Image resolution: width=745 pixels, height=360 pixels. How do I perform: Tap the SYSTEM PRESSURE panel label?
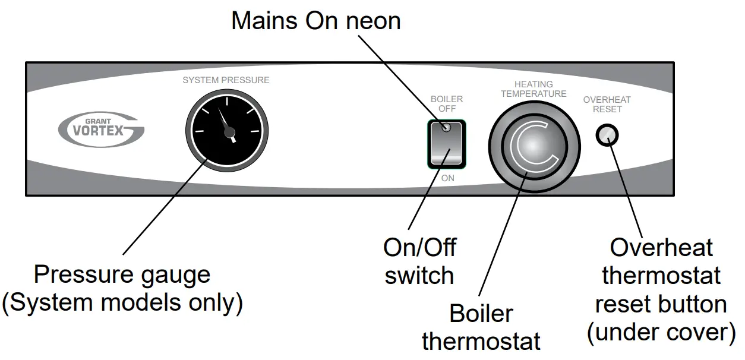(226, 80)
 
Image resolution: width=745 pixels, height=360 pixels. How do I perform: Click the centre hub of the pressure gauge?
(230, 132)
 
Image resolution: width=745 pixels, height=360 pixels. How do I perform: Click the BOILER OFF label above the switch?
(447, 104)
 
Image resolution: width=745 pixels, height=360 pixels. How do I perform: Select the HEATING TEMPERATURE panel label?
(534, 89)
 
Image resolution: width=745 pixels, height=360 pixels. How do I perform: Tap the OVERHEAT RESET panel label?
(607, 105)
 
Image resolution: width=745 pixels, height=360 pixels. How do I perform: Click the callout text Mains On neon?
(315, 21)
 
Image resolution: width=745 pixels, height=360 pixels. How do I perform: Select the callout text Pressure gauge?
(122, 275)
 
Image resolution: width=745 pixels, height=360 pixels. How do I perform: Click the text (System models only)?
(122, 303)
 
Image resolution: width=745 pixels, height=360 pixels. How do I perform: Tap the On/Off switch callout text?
(419, 261)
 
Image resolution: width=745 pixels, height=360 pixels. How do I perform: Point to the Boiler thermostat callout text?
(481, 327)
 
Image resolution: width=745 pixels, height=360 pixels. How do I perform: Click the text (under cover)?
(661, 333)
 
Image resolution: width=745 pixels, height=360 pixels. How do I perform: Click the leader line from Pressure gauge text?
(160, 211)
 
